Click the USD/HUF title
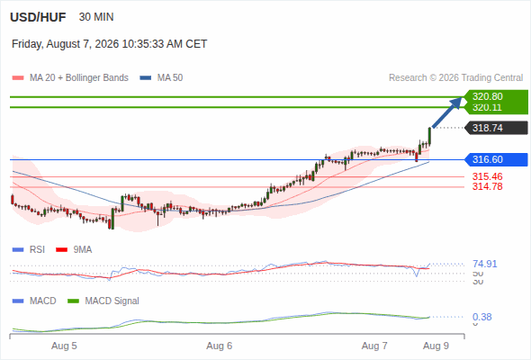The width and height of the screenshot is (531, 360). coord(38,17)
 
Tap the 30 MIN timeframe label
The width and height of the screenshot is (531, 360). coord(96,17)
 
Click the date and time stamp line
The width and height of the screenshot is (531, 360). coord(110,44)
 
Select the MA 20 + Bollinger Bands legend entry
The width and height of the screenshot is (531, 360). coord(70,78)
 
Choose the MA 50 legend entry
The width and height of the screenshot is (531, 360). coord(161,78)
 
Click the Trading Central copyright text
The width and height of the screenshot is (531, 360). coord(455,78)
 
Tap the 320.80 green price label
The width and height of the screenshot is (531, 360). coord(487,96)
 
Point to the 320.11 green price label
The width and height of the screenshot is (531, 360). coord(487,107)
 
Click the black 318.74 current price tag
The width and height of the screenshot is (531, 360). coord(496,128)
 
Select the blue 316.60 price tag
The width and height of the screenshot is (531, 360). coord(496,159)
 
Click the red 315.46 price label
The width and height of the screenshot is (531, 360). coord(487,176)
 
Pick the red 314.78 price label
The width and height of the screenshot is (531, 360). coord(487,186)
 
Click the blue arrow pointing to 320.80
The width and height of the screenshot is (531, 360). coord(446,112)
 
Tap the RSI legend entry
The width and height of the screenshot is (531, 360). coord(29,249)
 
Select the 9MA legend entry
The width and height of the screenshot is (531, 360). coord(74,249)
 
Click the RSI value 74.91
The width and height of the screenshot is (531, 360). coord(484,264)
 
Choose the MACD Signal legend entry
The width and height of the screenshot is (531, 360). coord(103,301)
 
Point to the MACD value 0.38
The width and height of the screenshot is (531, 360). coord(481,317)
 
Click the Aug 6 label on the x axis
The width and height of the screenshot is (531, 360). coord(220,346)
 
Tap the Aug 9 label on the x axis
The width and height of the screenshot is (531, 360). coord(436,346)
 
